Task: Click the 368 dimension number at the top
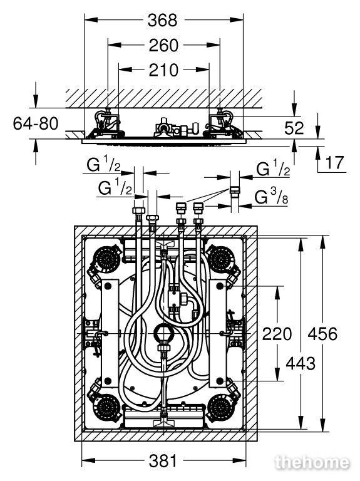click(x=162, y=21)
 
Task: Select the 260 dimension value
click(x=163, y=45)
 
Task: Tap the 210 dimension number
click(x=163, y=70)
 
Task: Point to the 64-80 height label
click(x=36, y=123)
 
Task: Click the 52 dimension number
click(x=294, y=128)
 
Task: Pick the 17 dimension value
click(x=334, y=162)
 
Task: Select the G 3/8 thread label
click(x=271, y=197)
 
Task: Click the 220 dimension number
click(x=277, y=334)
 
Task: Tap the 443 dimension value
click(x=301, y=364)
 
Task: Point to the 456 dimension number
click(x=322, y=334)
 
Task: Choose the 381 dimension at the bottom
click(x=163, y=461)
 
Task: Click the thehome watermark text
click(x=312, y=463)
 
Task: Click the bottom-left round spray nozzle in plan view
click(x=106, y=408)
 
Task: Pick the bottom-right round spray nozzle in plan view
click(x=221, y=408)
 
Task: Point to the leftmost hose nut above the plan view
click(x=138, y=210)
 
